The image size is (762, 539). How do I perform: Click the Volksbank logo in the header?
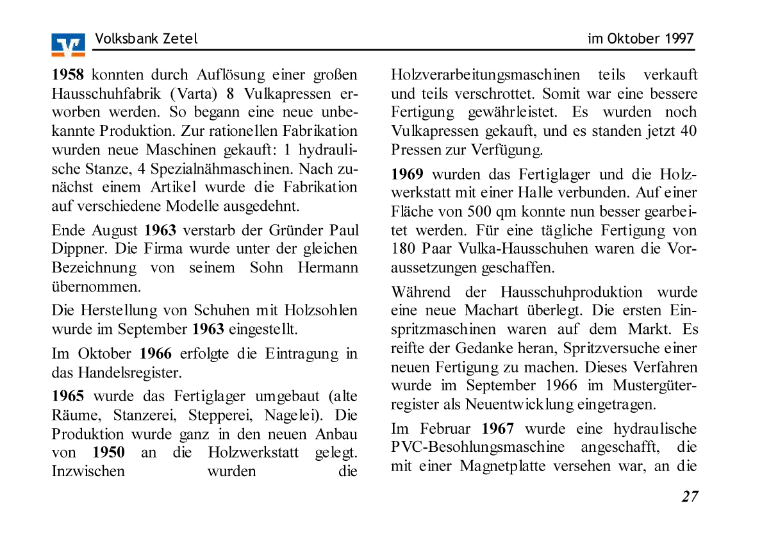[68, 45]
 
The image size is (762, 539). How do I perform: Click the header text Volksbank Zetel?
[146, 39]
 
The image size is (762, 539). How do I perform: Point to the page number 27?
[690, 497]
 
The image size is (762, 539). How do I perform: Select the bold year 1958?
[68, 75]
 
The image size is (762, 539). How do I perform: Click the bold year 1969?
[408, 174]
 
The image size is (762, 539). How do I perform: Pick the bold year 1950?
[108, 453]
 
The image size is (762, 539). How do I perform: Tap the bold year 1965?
[68, 397]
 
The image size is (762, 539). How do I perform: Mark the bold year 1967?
[498, 429]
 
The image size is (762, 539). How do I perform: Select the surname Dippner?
[74, 249]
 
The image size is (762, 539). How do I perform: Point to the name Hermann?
[327, 268]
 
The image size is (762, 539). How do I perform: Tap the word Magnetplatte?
[502, 466]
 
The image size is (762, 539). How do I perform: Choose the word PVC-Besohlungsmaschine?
[478, 447]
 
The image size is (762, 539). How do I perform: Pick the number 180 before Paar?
[403, 249]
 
